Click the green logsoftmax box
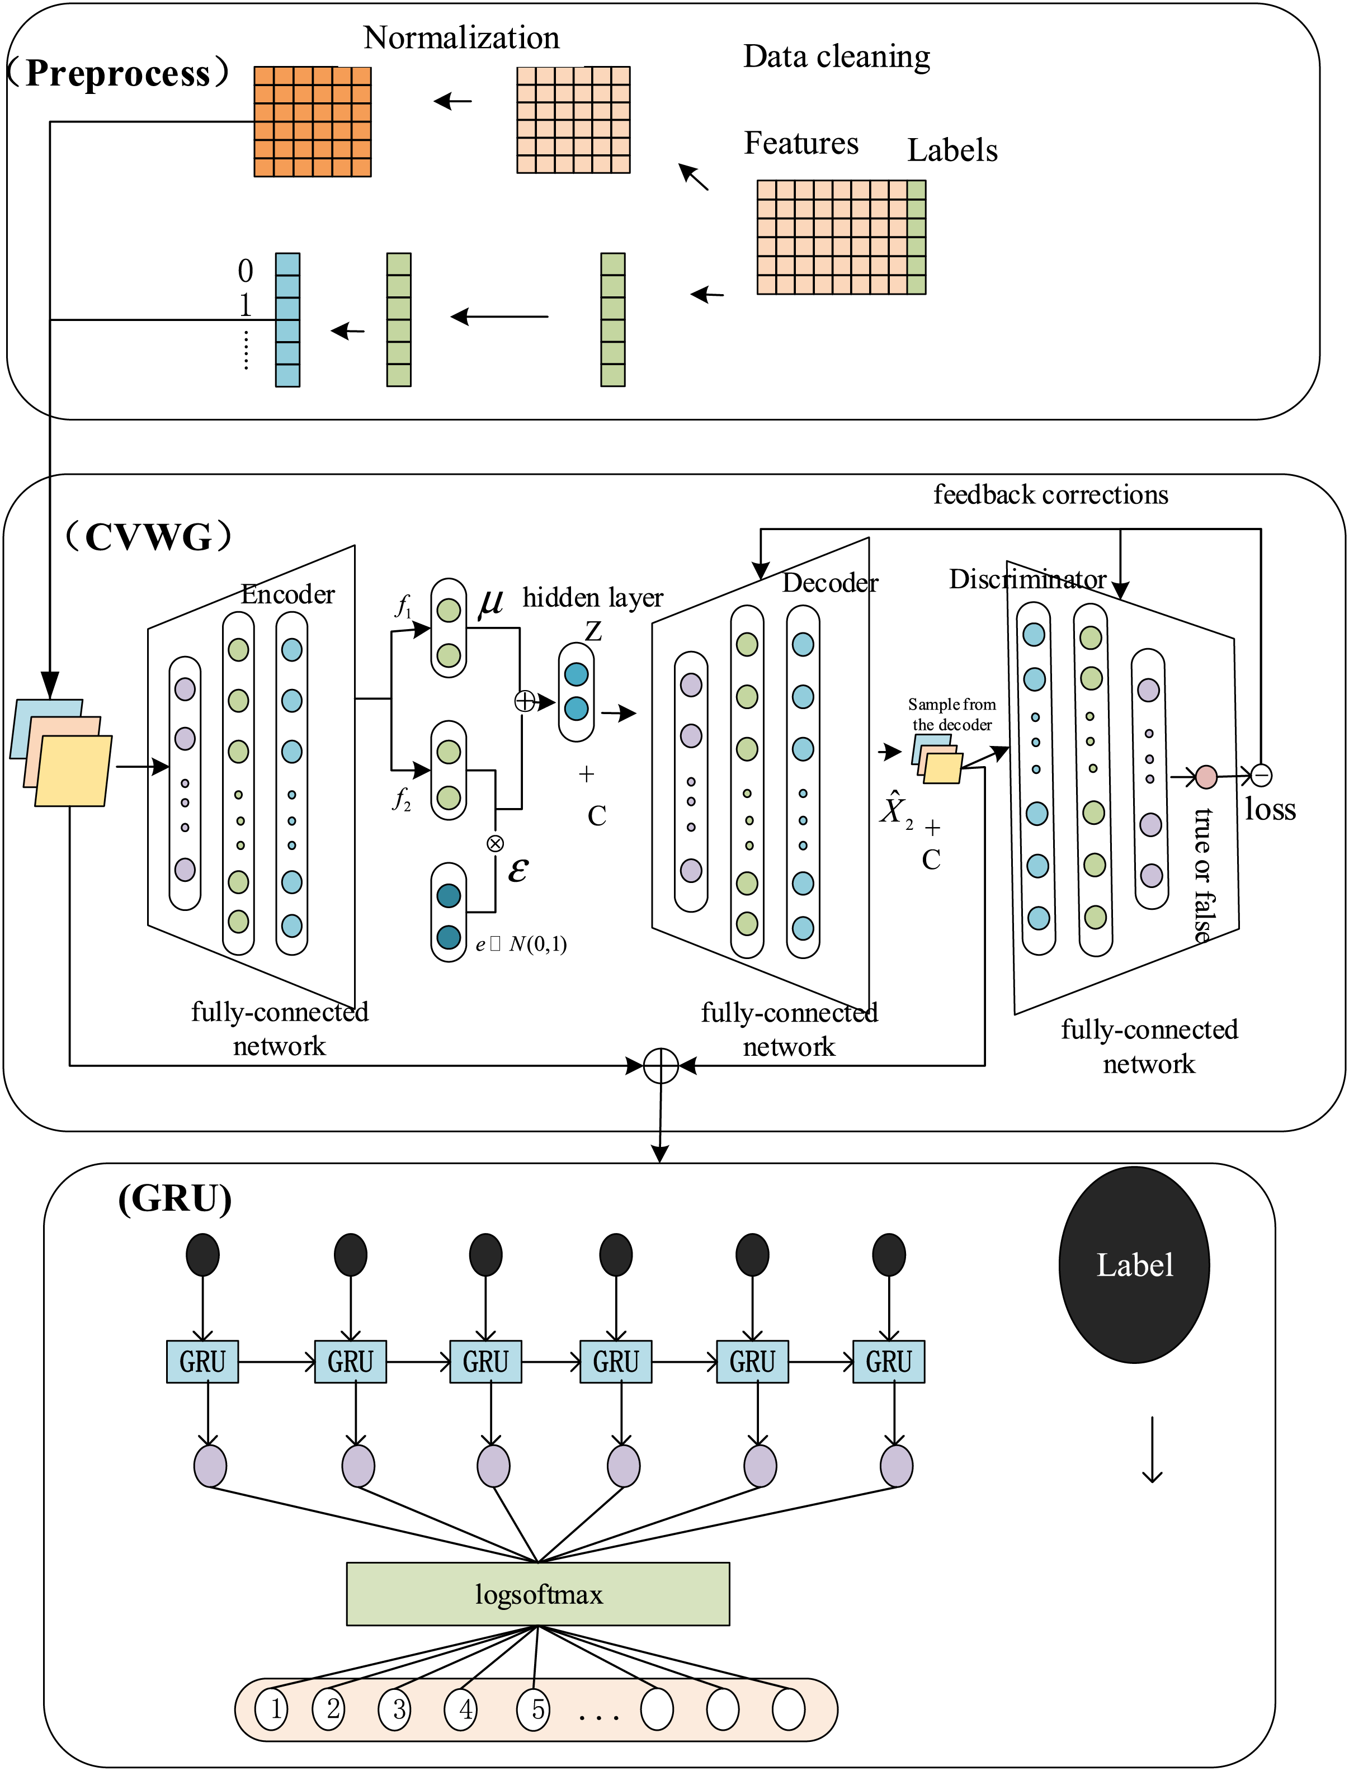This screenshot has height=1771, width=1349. click(538, 1594)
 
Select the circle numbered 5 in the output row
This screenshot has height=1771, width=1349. click(534, 1708)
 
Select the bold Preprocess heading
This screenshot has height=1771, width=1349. click(118, 73)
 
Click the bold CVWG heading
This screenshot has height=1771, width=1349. click(149, 536)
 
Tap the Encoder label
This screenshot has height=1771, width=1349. click(287, 594)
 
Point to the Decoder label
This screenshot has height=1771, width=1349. click(831, 583)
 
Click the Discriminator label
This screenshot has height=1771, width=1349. click(1028, 579)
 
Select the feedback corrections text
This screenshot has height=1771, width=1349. click(1050, 494)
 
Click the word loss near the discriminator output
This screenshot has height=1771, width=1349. click(1270, 809)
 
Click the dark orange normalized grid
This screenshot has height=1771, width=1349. click(312, 121)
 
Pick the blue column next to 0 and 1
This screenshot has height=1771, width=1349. click(287, 320)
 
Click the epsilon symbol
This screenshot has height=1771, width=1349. click(518, 870)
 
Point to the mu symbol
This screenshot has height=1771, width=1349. click(490, 602)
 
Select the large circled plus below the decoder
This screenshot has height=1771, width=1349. click(661, 1066)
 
